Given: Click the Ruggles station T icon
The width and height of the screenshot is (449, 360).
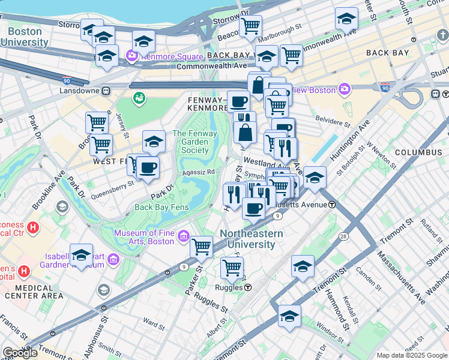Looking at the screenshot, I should pyautogui.click(x=247, y=287).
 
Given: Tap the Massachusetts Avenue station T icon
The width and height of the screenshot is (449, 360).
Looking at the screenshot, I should pyautogui.click(x=332, y=205).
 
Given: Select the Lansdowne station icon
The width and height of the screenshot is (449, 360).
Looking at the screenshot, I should pyautogui.click(x=106, y=91).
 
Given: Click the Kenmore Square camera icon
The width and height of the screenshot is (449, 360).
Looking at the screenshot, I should pyautogui.click(x=131, y=57).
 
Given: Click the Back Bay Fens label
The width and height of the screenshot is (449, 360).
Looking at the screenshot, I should pyautogui.click(x=161, y=208).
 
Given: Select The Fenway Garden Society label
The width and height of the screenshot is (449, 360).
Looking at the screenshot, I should pyautogui.click(x=191, y=142).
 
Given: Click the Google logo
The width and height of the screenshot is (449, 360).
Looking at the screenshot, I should pyautogui.click(x=19, y=353).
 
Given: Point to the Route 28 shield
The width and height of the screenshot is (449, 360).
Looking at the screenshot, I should pyautogui.click(x=343, y=221).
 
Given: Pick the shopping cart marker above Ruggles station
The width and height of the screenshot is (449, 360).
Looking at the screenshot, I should pyautogui.click(x=232, y=267).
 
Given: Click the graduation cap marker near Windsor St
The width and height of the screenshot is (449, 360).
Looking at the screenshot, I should pyautogui.click(x=289, y=316).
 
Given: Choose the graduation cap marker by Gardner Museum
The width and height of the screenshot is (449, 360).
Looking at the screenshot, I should pyautogui.click(x=81, y=254).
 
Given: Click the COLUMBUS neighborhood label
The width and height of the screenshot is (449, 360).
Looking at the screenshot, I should pyautogui.click(x=418, y=152).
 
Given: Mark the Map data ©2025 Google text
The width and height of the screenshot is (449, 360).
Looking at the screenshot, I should pyautogui.click(x=412, y=355).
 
